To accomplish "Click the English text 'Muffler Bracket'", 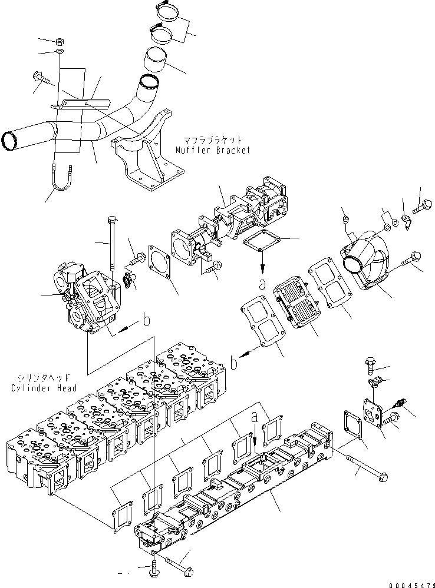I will click(213, 150).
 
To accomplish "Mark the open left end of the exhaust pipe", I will click(11, 141).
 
